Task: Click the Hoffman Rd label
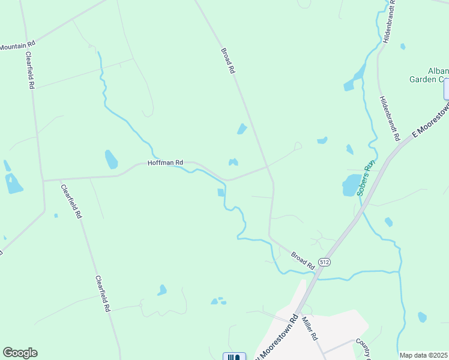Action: (166, 163)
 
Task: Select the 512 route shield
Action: (325, 263)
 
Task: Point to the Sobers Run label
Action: (366, 179)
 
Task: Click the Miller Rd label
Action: (309, 328)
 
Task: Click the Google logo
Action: (20, 353)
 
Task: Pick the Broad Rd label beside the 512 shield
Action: (303, 260)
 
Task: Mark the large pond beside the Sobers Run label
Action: (351, 186)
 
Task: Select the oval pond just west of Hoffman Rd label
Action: (111, 159)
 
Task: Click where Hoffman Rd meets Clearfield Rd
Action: (43, 179)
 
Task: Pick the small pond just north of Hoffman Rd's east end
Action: (233, 161)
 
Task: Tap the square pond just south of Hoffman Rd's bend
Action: (220, 193)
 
